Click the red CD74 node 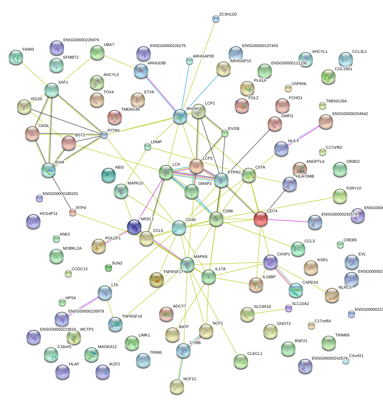(x=260, y=219)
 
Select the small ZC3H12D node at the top (x=216, y=19)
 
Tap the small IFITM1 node (x=104, y=135)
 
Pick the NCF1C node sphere (x=177, y=386)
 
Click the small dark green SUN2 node (x=108, y=268)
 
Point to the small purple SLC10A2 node (x=288, y=308)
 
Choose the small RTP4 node (x=73, y=213)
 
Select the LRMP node (x=148, y=147)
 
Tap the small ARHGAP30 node (x=190, y=61)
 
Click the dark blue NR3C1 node (x=134, y=227)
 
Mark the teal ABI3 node (x=108, y=175)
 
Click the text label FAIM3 (x=28, y=49)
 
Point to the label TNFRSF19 (x=132, y=316)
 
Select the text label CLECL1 (x=255, y=353)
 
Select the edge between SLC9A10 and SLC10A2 (x=269, y=311)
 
